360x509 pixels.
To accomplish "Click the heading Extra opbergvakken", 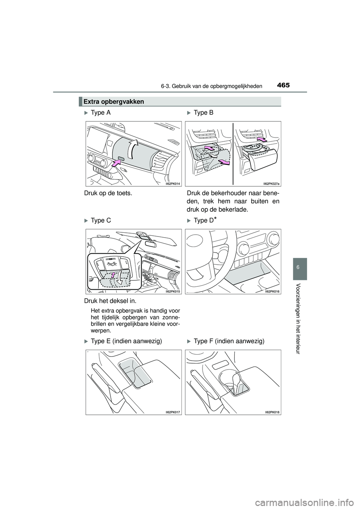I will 109,102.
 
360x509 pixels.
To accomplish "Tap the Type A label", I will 100,113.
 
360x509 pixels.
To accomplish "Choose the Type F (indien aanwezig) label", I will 229,341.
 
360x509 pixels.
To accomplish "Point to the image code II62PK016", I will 272,291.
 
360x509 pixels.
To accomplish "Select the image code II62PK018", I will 272,412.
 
